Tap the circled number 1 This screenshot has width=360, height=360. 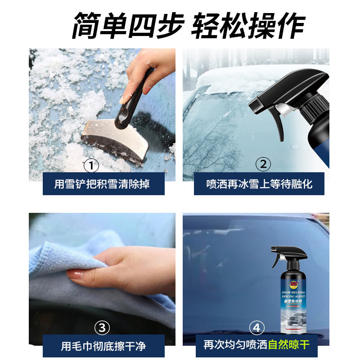(92, 165)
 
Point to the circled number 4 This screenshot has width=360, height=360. (257, 327)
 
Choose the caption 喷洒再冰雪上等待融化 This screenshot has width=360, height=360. (259, 184)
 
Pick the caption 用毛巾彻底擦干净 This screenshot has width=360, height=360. (103, 346)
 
